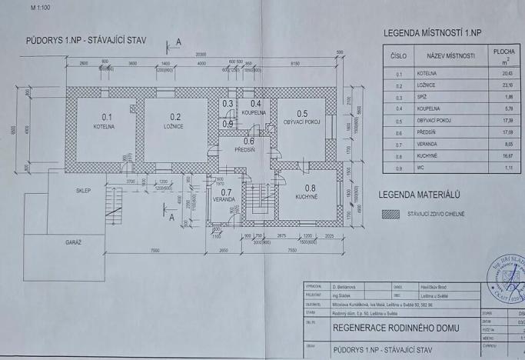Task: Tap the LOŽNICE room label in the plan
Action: coord(172,122)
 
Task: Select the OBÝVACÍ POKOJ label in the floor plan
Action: coord(302,122)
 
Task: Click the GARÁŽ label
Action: coord(74,242)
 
